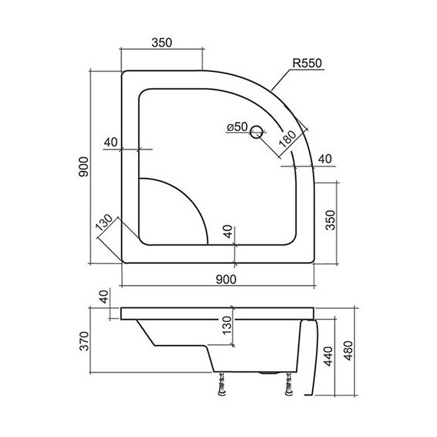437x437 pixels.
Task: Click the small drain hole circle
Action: click(x=256, y=133)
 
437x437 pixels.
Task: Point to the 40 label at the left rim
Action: click(x=109, y=141)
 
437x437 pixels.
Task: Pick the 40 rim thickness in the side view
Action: click(x=103, y=297)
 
